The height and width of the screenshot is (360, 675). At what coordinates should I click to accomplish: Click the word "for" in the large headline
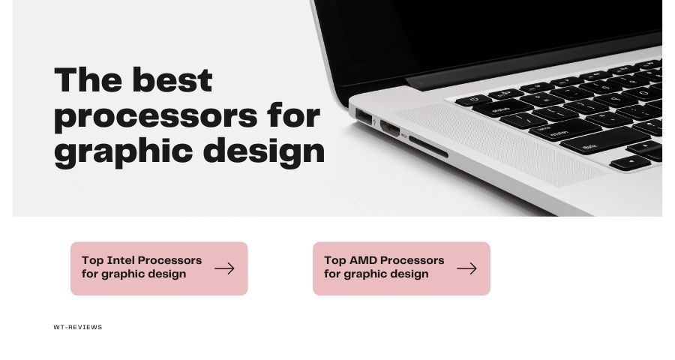(293, 115)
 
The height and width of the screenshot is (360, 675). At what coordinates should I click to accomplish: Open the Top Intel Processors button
(159, 268)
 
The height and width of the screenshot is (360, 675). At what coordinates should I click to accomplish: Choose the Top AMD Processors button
(401, 268)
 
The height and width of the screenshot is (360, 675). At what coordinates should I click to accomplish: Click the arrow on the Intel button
(224, 268)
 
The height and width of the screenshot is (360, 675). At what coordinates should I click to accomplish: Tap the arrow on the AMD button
(466, 268)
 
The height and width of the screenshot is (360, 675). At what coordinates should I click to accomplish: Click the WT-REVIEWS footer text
(78, 327)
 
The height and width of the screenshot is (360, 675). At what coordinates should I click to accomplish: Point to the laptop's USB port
(366, 118)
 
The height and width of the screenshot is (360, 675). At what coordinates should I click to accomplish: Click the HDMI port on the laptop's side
(391, 127)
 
